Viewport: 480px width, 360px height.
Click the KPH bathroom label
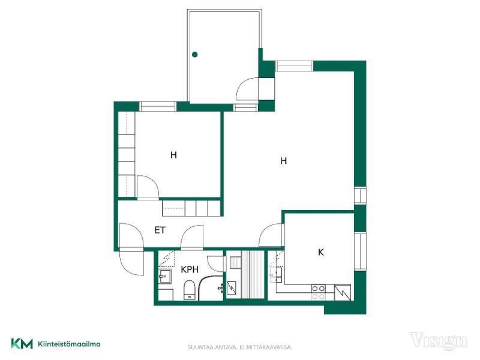click(x=190, y=269)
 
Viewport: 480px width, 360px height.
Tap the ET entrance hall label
click(x=160, y=230)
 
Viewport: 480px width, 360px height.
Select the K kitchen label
click(x=321, y=252)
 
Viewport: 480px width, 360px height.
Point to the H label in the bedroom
click(x=173, y=155)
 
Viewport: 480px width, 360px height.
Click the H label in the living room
click(x=284, y=161)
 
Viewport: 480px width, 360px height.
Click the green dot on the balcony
click(x=194, y=55)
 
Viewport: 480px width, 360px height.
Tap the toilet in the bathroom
click(x=190, y=290)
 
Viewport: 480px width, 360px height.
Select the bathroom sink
click(x=164, y=277)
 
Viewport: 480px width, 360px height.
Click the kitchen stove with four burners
click(x=319, y=292)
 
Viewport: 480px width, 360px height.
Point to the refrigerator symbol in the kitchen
click(x=342, y=293)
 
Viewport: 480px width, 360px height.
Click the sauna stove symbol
click(x=231, y=288)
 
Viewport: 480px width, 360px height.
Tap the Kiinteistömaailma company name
click(x=69, y=344)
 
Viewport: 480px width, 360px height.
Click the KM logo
click(x=22, y=344)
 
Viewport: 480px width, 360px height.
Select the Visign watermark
click(x=439, y=341)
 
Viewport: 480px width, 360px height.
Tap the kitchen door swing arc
click(x=266, y=229)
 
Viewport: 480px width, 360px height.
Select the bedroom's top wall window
click(x=158, y=107)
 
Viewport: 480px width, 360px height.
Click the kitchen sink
click(x=277, y=275)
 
